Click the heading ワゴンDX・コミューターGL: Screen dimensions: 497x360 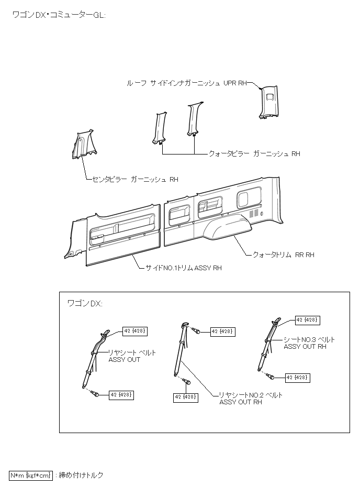[59, 15]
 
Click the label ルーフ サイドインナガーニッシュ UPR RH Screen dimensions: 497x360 [186, 83]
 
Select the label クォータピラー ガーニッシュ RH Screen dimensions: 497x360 [254, 154]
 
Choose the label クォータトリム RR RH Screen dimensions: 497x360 [283, 255]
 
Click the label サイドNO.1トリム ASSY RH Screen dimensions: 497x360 [183, 268]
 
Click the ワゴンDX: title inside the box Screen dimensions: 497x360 [85, 304]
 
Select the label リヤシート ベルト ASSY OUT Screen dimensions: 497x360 [132, 356]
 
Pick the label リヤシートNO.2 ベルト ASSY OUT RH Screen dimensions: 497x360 [251, 399]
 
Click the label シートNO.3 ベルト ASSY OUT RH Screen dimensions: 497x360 [309, 343]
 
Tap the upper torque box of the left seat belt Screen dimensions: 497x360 [135, 330]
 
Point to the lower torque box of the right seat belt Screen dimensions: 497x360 [297, 378]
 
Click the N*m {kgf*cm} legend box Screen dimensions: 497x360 [31, 476]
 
